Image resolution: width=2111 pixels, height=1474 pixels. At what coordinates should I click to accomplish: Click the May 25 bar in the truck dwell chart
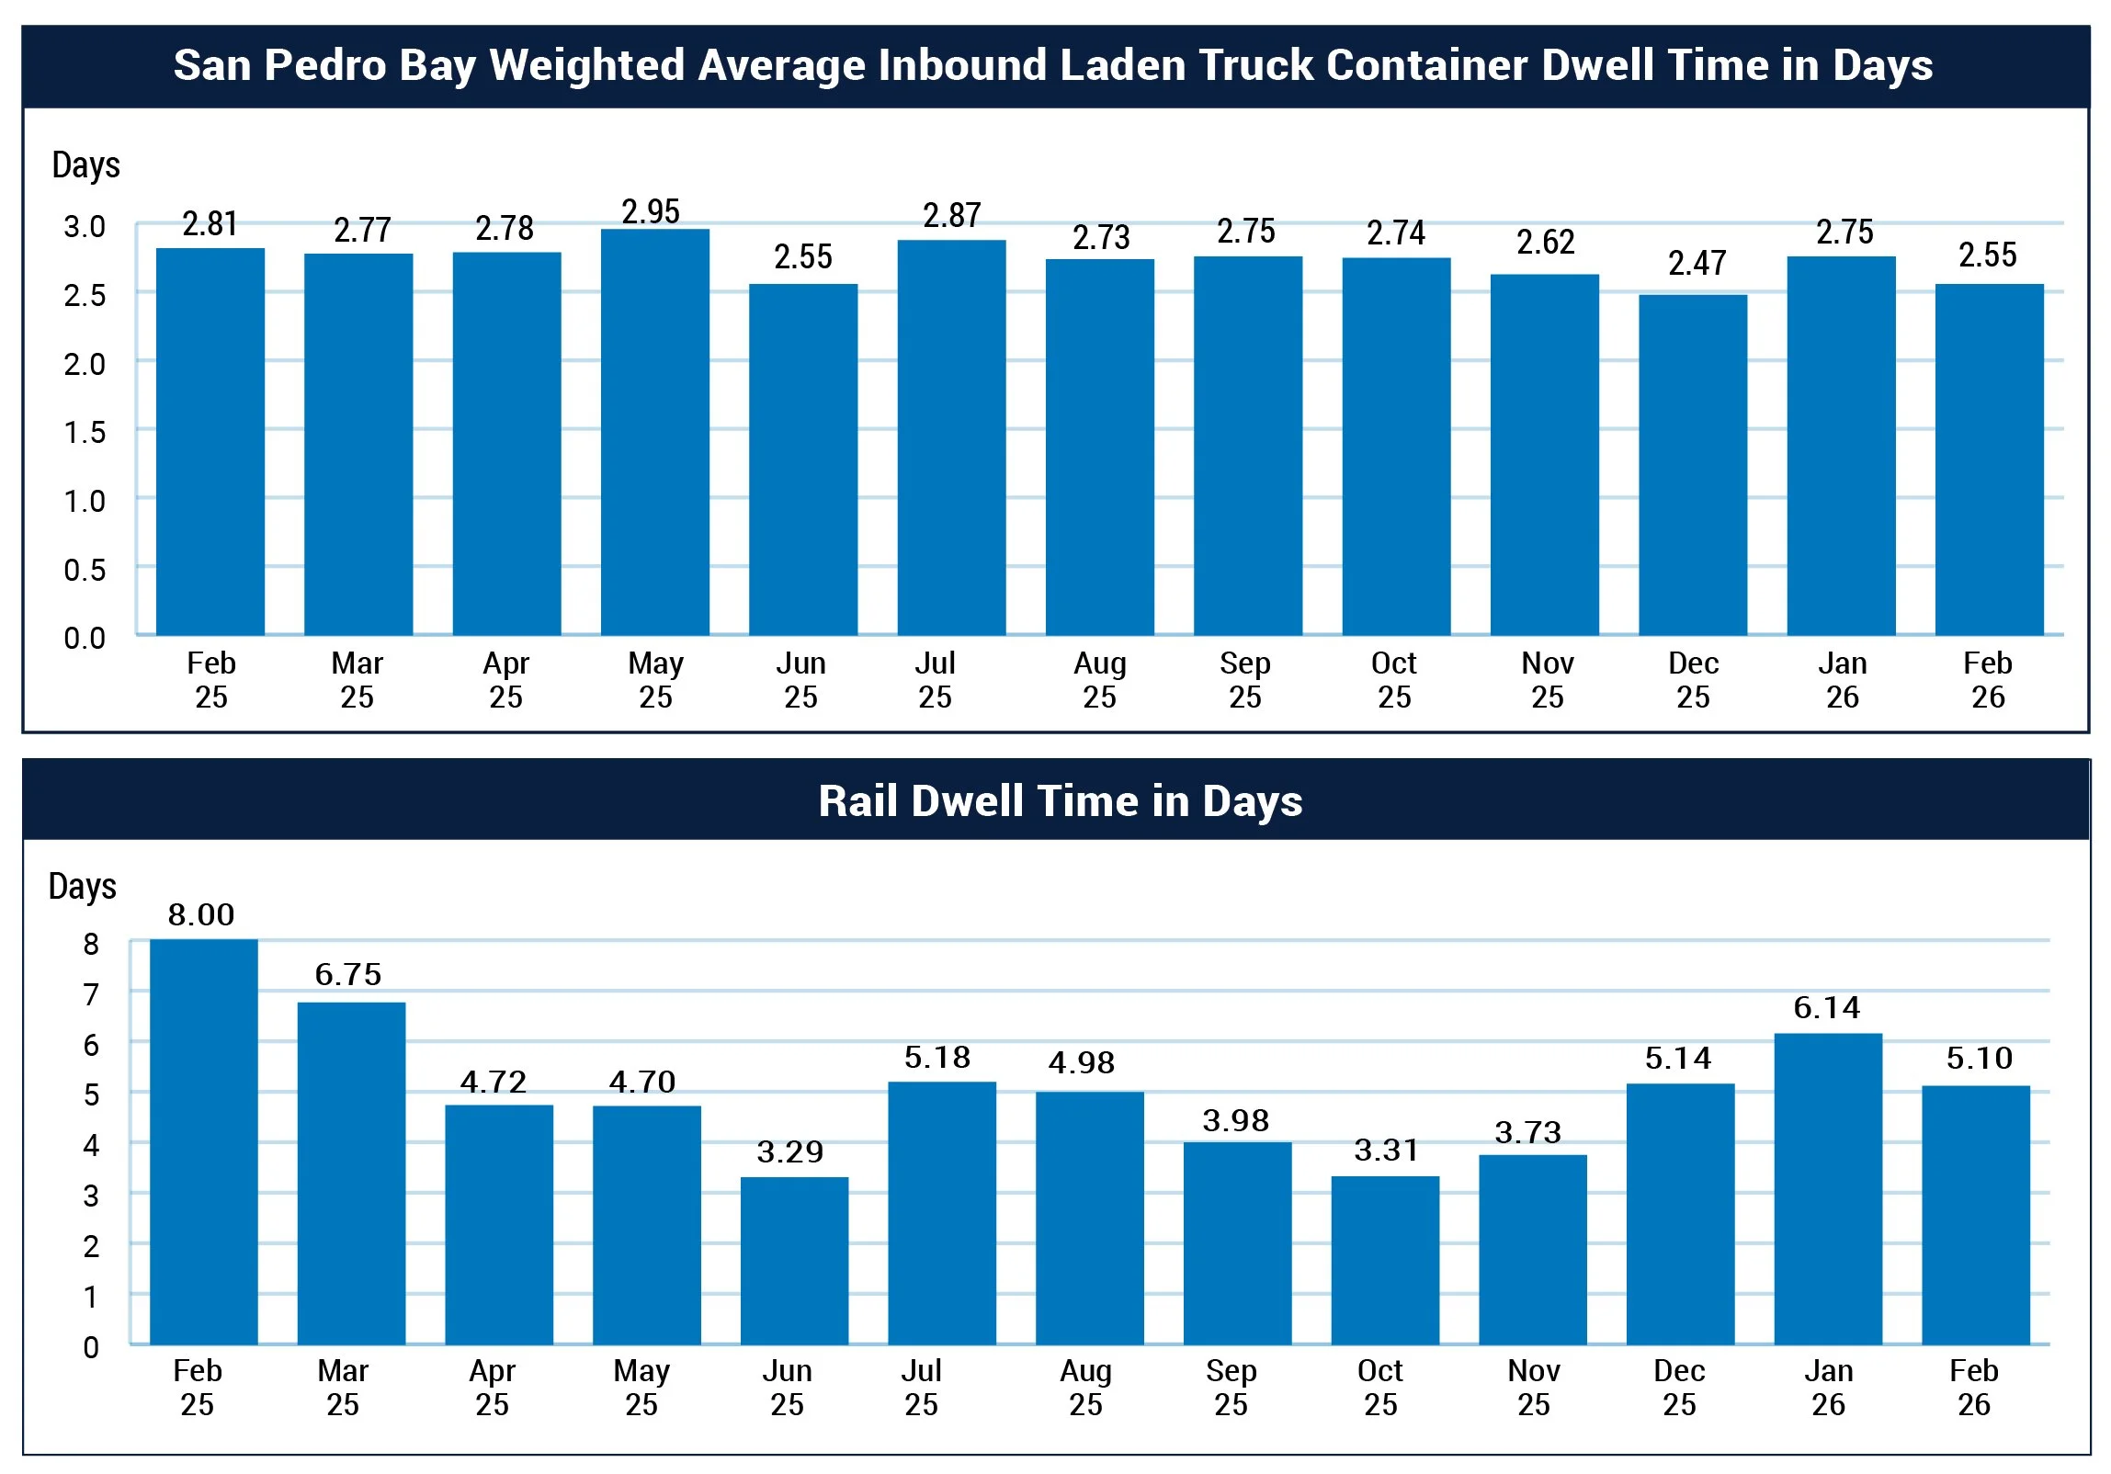coord(654,432)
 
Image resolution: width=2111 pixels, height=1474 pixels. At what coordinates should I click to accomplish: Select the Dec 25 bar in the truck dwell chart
coord(1693,464)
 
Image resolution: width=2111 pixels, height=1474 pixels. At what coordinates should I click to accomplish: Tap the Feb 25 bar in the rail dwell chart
coord(203,1141)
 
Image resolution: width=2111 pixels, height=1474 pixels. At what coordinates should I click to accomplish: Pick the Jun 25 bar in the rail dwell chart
coord(794,1261)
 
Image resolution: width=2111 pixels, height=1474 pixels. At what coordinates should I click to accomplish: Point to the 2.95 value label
coord(651,211)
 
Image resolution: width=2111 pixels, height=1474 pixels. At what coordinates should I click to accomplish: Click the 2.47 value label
coord(1697,264)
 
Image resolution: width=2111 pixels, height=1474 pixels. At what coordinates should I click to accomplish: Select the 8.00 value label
coord(201,915)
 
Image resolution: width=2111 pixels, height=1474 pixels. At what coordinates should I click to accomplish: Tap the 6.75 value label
coord(348,975)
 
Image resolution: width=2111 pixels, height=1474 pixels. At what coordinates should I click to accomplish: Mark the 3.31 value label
coord(1387,1151)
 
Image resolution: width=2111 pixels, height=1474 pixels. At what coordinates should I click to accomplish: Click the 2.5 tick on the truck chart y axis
coord(85,295)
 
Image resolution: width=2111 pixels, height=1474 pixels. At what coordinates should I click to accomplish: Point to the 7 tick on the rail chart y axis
coord(91,994)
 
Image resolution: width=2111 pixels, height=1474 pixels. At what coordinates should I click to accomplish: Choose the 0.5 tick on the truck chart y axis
coord(85,570)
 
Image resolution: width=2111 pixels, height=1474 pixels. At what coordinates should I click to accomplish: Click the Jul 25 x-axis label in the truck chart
coord(935,680)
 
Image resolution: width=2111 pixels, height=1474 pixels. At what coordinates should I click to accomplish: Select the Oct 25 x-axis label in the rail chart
coord(1380,1388)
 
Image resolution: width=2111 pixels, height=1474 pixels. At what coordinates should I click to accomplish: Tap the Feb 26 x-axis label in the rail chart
coord(1974,1388)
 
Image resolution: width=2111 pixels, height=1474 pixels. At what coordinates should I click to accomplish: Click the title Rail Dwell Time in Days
coord(1061,801)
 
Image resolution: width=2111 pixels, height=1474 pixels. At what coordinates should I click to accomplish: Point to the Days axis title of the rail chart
coord(83,887)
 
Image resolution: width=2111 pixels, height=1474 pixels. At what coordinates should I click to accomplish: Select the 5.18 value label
coord(936,1058)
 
